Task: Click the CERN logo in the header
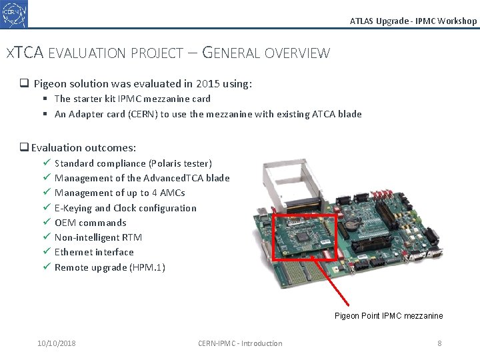15,14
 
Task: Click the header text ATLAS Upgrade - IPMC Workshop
413,21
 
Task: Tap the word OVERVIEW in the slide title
297,53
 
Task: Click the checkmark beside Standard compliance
46,163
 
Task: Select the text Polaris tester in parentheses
180,163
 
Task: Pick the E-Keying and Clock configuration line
125,208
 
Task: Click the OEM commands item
90,223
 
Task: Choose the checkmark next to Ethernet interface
46,252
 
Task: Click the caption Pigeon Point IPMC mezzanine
389,316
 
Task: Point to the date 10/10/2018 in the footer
57,343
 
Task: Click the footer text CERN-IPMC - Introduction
240,343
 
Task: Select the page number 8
439,343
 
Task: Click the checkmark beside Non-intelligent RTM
46,237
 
